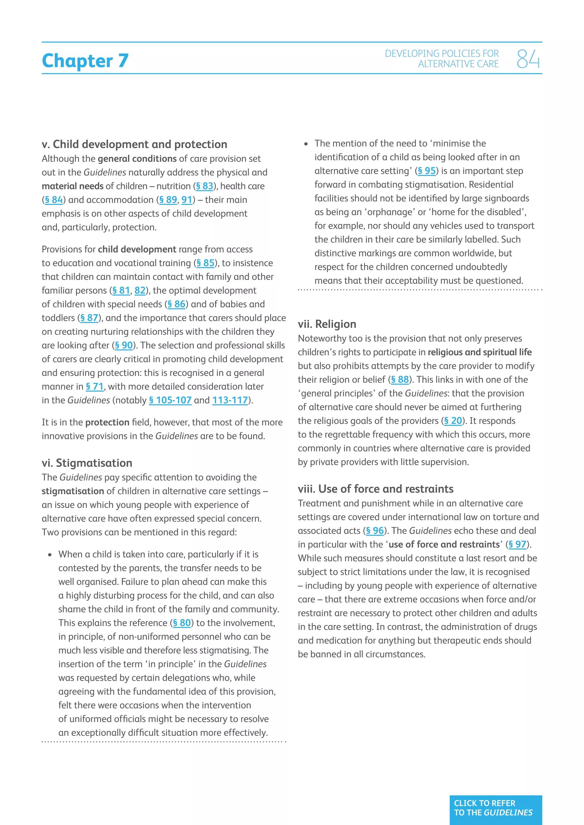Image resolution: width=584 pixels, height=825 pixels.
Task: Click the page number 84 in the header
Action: coord(528,59)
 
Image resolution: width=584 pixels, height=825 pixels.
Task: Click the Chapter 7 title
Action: coord(85,60)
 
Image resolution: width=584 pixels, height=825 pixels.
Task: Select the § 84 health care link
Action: coord(54,200)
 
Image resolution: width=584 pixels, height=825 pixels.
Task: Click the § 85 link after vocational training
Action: coord(205,263)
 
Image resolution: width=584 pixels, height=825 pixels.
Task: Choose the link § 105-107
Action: coord(170,400)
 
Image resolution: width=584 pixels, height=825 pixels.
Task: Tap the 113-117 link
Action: coord(230,400)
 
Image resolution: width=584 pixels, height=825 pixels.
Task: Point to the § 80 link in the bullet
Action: coord(182,623)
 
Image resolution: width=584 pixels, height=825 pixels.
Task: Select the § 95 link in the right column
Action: coord(427,171)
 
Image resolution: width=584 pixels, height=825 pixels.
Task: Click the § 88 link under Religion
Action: coord(400,380)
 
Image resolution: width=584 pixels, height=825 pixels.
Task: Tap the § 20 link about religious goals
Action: coord(453,421)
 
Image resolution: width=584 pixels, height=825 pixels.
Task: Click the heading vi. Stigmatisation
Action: coord(87,463)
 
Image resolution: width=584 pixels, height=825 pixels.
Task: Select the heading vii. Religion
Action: coord(327,324)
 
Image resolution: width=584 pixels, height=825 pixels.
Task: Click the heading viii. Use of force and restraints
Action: coord(376,489)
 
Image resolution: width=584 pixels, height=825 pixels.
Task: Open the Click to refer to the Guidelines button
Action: coord(496,810)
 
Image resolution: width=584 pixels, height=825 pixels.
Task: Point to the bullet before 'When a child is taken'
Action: coord(50,555)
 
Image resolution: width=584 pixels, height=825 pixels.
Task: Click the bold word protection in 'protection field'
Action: coord(107,422)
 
